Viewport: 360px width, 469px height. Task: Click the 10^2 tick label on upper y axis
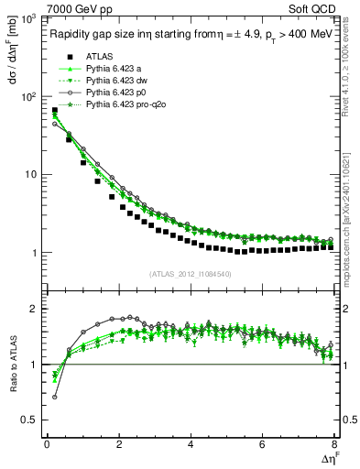(x=27, y=96)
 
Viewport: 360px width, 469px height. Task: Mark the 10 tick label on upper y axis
(x=30, y=174)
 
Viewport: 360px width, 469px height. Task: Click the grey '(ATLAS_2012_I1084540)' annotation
(x=190, y=273)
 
